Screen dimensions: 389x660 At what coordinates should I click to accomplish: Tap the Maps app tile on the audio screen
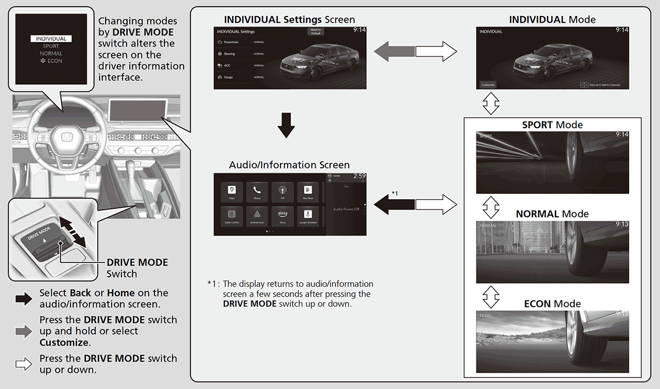point(232,191)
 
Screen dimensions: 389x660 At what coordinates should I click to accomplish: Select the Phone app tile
point(257,191)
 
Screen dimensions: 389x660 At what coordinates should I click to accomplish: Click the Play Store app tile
point(308,191)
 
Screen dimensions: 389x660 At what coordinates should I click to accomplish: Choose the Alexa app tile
point(282,216)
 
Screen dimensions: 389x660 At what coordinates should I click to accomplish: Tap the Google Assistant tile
point(308,216)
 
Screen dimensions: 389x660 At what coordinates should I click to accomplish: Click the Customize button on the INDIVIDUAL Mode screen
point(488,85)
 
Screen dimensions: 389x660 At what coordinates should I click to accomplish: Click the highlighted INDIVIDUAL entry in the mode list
point(51,39)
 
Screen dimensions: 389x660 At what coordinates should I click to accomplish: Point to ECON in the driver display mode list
point(52,61)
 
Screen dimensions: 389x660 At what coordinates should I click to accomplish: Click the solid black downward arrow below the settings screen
point(286,125)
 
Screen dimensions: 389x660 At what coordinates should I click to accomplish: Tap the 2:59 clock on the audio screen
point(359,176)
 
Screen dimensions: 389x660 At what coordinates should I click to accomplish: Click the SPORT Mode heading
point(552,125)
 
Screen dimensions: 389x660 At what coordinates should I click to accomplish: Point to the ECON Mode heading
point(552,304)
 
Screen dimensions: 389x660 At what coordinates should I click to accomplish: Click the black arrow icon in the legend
point(24,299)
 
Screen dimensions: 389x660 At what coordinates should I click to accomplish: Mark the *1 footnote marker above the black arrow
point(395,194)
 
